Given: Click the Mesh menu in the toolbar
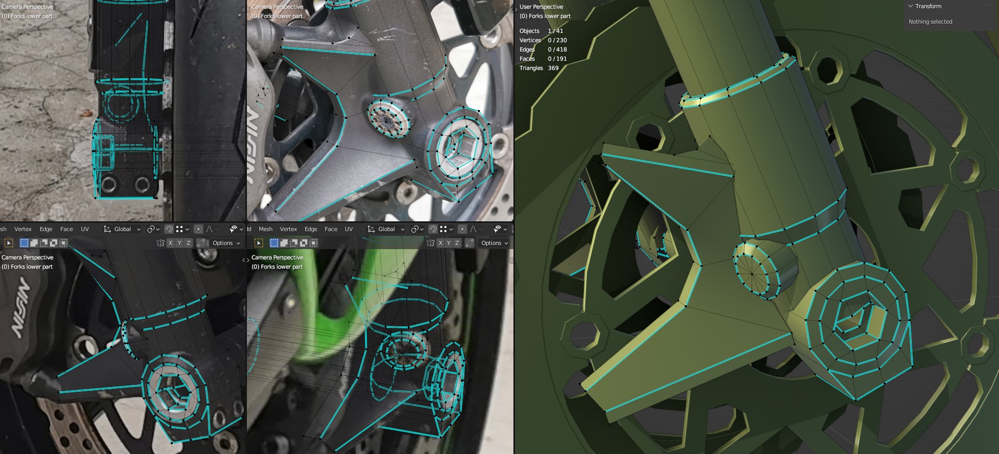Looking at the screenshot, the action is point(265,229).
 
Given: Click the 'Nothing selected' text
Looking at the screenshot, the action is point(930,22).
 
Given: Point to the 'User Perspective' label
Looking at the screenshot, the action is point(541,7).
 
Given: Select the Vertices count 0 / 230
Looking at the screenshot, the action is point(557,40).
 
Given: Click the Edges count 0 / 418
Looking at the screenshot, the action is point(557,49).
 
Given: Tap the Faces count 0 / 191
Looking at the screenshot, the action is point(557,59).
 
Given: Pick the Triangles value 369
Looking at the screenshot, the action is point(553,68).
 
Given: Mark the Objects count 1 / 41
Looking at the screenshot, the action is point(555,31).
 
